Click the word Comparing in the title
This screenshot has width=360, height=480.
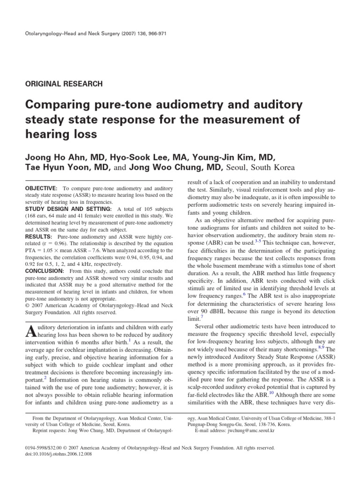(55, 105)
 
